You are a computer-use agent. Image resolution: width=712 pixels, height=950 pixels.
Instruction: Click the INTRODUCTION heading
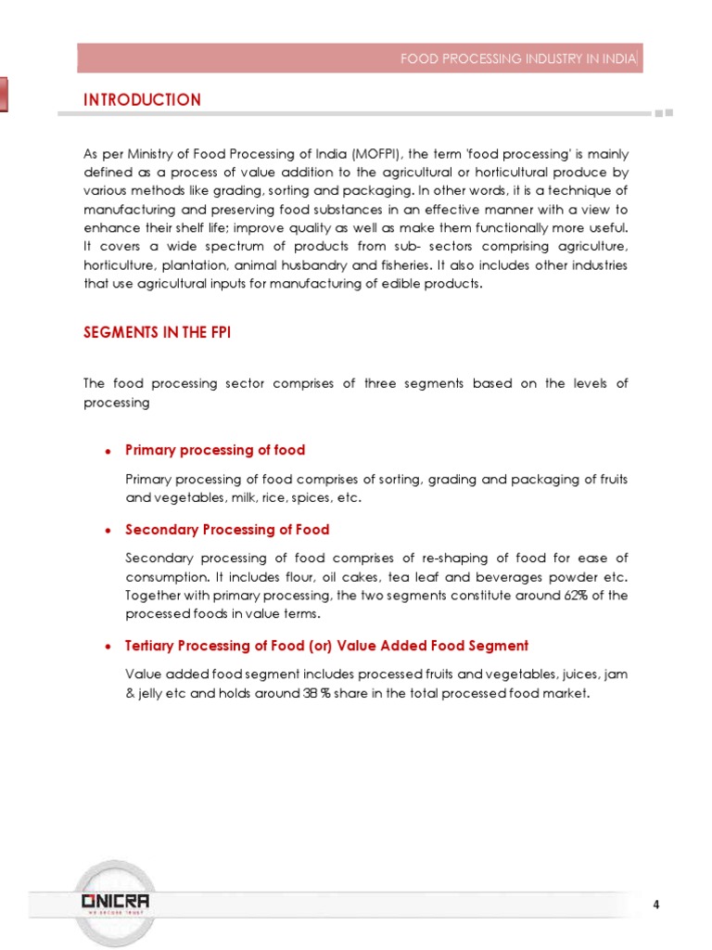(142, 100)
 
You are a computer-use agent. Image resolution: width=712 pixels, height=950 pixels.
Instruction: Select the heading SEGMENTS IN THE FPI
(157, 332)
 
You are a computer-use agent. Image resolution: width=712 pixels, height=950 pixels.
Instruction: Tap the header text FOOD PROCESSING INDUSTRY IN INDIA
(518, 59)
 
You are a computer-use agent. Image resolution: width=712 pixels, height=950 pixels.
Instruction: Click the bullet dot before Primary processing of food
(108, 451)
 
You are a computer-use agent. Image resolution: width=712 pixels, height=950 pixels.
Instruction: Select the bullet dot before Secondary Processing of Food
(108, 531)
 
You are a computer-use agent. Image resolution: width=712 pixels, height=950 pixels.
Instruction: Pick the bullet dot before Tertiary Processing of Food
(108, 647)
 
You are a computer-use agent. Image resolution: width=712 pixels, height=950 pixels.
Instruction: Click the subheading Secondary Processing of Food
(227, 530)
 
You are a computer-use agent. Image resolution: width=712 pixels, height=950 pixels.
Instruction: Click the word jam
(617, 674)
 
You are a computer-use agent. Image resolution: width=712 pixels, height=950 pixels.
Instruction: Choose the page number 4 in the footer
(656, 905)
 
